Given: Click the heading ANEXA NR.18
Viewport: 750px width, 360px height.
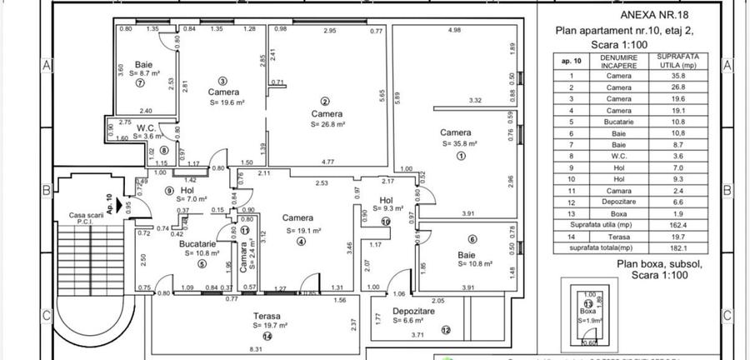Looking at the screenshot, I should (x=656, y=14).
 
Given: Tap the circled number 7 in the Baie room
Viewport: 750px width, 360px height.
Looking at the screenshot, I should (x=141, y=83).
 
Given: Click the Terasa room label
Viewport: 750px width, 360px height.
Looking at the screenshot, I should (x=267, y=317).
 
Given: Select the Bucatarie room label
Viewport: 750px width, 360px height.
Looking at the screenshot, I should (x=202, y=242).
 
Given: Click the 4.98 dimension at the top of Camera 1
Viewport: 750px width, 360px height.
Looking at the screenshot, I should (x=454, y=31).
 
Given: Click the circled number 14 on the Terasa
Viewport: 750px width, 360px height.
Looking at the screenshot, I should (x=267, y=336).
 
